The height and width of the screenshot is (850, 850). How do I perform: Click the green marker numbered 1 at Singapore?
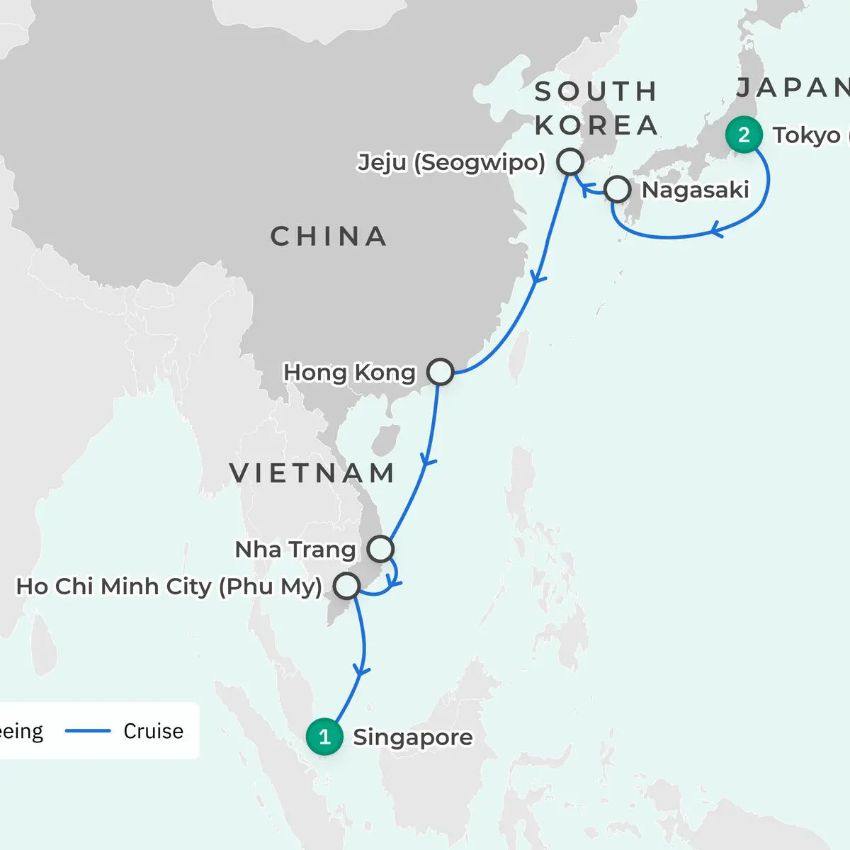click(324, 737)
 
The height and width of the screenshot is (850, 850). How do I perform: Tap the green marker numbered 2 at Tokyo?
click(744, 135)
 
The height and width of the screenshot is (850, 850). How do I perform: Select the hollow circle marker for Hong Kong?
click(440, 372)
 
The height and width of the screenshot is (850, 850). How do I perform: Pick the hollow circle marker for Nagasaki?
click(618, 190)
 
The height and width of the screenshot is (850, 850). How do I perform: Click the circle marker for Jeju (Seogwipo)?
click(570, 161)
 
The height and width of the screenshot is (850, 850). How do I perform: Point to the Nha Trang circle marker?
click(380, 549)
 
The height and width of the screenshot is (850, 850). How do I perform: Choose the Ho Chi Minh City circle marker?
click(346, 586)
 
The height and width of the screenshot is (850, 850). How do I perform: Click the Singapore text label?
click(413, 737)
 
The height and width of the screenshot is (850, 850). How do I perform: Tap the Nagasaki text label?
click(695, 190)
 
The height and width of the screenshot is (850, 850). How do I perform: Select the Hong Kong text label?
click(349, 373)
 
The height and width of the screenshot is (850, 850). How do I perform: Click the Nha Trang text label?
click(295, 550)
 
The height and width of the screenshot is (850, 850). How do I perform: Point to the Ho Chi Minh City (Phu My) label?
click(169, 586)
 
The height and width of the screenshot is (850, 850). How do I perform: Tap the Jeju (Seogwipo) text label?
click(451, 162)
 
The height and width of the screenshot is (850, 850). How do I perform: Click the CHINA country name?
click(329, 237)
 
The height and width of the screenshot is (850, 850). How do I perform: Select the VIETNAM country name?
click(312, 473)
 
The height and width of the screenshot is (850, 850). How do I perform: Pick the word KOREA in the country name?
click(596, 125)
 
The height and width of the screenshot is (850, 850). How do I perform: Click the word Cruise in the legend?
click(153, 731)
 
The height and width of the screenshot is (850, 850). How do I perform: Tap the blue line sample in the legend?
click(88, 731)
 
